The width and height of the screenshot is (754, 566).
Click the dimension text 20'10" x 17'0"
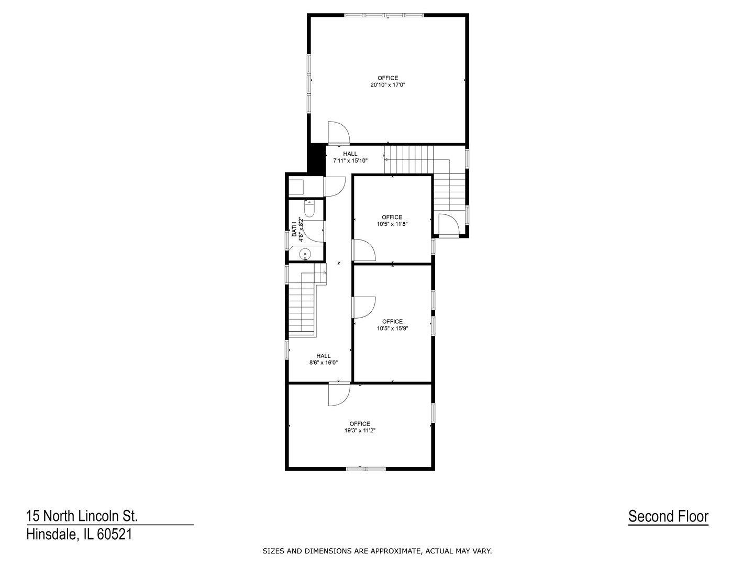click(x=387, y=85)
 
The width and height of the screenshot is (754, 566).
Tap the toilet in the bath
click(x=309, y=210)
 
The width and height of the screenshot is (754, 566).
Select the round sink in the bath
click(x=305, y=255)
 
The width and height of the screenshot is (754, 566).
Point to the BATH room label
click(x=294, y=228)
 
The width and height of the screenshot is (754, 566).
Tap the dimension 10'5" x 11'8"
click(x=392, y=224)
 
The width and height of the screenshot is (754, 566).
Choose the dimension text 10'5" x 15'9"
click(x=392, y=329)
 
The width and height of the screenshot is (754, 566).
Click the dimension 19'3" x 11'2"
click(x=360, y=431)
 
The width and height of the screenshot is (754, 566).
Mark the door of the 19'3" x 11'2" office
click(x=338, y=394)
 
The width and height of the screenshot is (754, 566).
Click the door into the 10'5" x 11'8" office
click(x=363, y=250)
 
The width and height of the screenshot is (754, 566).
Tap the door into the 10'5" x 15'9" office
click(x=363, y=307)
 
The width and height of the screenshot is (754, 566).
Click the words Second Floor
click(x=668, y=516)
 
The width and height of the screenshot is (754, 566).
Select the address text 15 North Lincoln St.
click(x=82, y=516)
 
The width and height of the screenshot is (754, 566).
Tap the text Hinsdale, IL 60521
click(x=79, y=535)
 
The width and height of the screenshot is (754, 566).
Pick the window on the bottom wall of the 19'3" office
click(x=365, y=468)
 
